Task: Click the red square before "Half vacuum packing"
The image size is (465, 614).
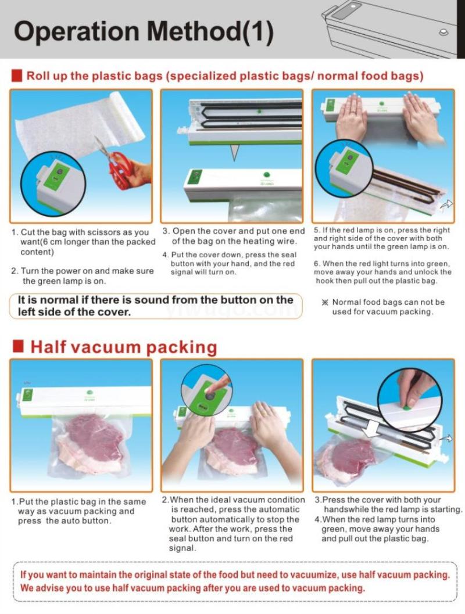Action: tap(18, 347)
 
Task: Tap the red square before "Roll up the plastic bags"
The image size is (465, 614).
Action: tap(17, 76)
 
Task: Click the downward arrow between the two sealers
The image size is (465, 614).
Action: tap(234, 152)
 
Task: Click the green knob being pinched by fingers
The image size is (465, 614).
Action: tap(406, 408)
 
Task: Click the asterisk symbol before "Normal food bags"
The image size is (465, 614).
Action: tap(324, 302)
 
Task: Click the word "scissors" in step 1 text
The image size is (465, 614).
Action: tap(98, 232)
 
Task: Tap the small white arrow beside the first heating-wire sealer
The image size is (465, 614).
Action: tap(446, 204)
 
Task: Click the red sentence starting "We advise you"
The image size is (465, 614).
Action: tap(192, 588)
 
